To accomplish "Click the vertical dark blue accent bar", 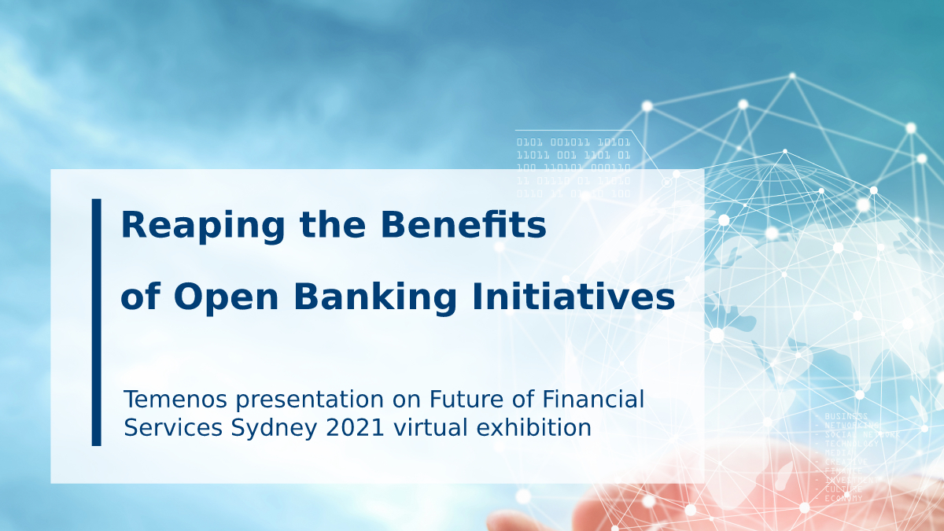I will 97,322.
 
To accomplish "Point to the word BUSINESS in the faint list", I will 846,416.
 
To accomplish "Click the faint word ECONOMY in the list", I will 843,498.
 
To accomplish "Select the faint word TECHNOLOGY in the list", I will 851,444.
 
